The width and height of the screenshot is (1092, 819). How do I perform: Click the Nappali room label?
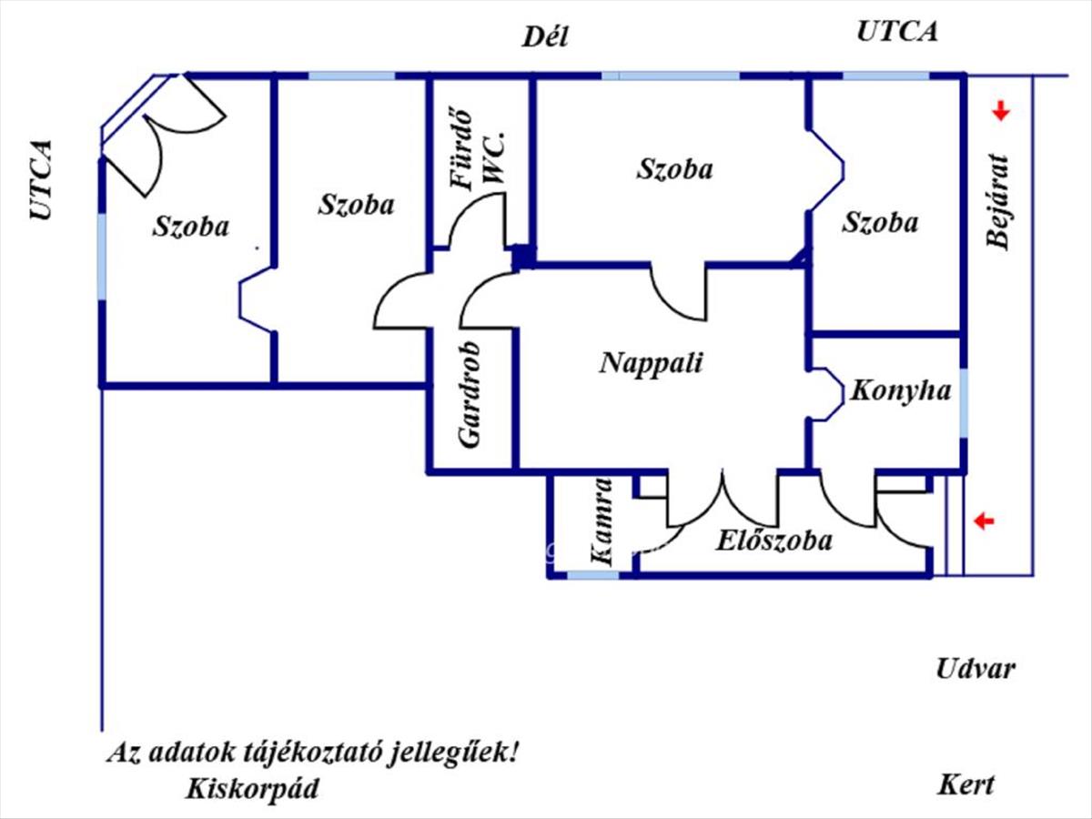click(x=652, y=363)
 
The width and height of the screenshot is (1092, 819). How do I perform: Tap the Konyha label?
click(x=900, y=391)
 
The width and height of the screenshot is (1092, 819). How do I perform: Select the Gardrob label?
click(x=470, y=395)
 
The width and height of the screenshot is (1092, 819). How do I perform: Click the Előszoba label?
click(x=773, y=541)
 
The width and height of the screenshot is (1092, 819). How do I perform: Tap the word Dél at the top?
click(x=545, y=36)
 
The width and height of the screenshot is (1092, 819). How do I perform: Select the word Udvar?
click(x=976, y=670)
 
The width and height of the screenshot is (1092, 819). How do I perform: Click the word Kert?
click(x=966, y=784)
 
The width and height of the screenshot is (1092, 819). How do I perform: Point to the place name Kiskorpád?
click(x=252, y=788)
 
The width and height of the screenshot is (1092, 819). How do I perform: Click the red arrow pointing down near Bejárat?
click(x=1001, y=112)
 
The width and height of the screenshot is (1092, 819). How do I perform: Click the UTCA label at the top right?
click(x=897, y=32)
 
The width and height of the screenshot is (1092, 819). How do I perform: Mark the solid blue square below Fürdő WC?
click(x=523, y=258)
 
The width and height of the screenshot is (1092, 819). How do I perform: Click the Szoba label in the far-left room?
click(x=191, y=226)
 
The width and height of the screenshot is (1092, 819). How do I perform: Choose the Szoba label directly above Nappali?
click(x=674, y=168)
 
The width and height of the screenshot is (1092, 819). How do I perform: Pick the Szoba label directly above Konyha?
click(x=880, y=222)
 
